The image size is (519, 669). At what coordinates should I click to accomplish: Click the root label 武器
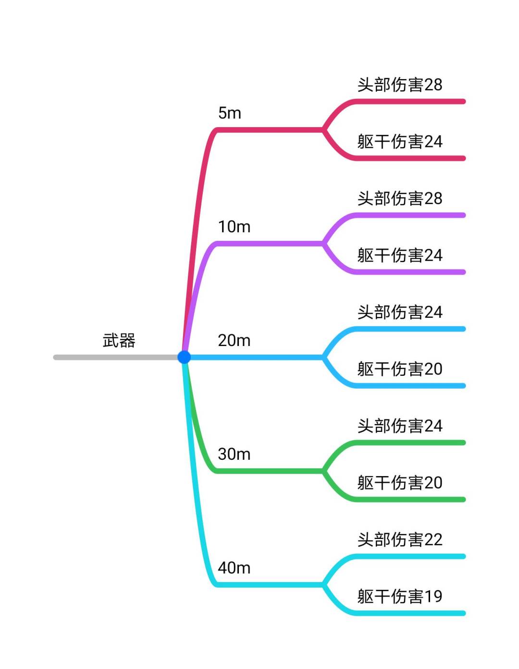(x=119, y=341)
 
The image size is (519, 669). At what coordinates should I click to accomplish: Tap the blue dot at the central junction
(x=184, y=357)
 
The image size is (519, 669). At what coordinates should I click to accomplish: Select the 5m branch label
(x=230, y=113)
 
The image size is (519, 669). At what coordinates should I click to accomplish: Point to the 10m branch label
(x=234, y=227)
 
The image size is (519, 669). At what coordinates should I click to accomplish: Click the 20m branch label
(x=234, y=341)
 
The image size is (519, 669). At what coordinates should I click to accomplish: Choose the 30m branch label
(x=234, y=454)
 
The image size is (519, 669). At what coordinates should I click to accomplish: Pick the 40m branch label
(x=234, y=568)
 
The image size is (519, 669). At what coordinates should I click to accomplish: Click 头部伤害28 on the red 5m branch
(x=399, y=85)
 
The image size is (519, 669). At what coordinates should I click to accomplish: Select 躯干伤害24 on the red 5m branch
(x=399, y=142)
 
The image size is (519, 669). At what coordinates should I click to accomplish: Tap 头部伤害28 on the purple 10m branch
(x=399, y=199)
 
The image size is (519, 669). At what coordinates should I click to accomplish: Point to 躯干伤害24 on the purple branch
(x=399, y=255)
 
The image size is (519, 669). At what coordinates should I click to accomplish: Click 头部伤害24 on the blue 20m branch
(x=399, y=312)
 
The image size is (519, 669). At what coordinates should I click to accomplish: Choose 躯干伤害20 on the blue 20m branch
(x=399, y=369)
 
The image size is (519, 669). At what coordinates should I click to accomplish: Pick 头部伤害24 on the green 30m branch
(x=399, y=426)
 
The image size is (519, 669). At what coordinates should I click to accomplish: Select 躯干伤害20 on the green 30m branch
(x=399, y=483)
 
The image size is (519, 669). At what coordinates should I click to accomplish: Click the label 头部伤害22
(x=399, y=540)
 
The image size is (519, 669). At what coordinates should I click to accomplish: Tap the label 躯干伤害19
(x=399, y=597)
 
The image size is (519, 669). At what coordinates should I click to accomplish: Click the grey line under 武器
(x=115, y=357)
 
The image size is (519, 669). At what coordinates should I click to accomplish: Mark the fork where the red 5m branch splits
(x=323, y=130)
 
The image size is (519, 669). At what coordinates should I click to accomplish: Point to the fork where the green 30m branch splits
(x=323, y=471)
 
